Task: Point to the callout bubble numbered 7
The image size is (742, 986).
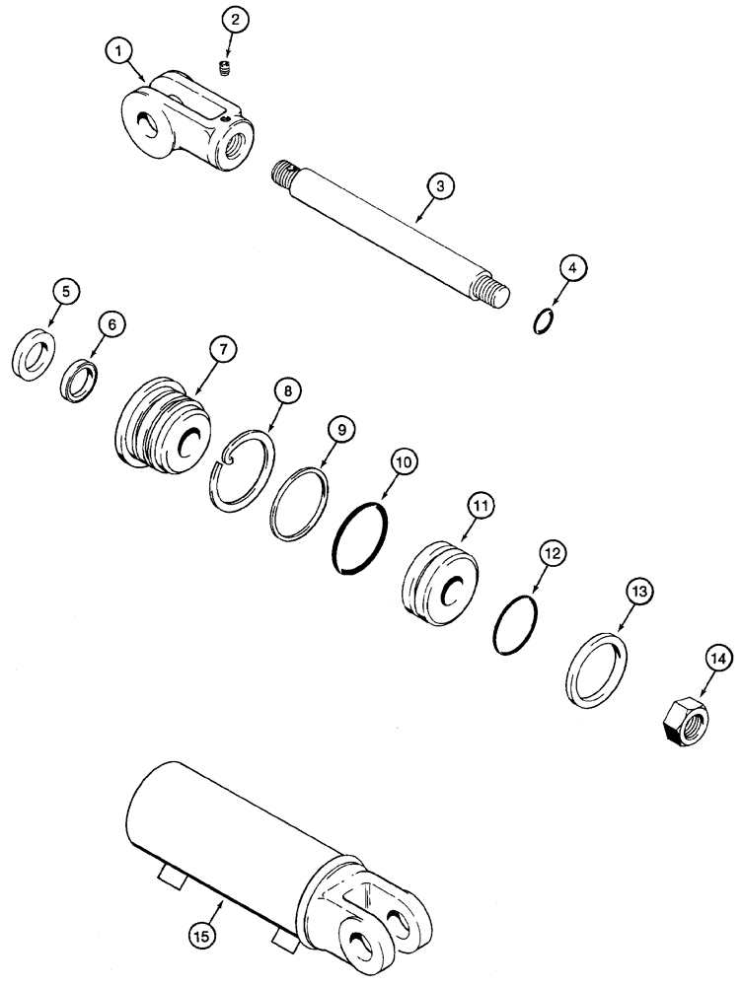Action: tap(222, 349)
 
